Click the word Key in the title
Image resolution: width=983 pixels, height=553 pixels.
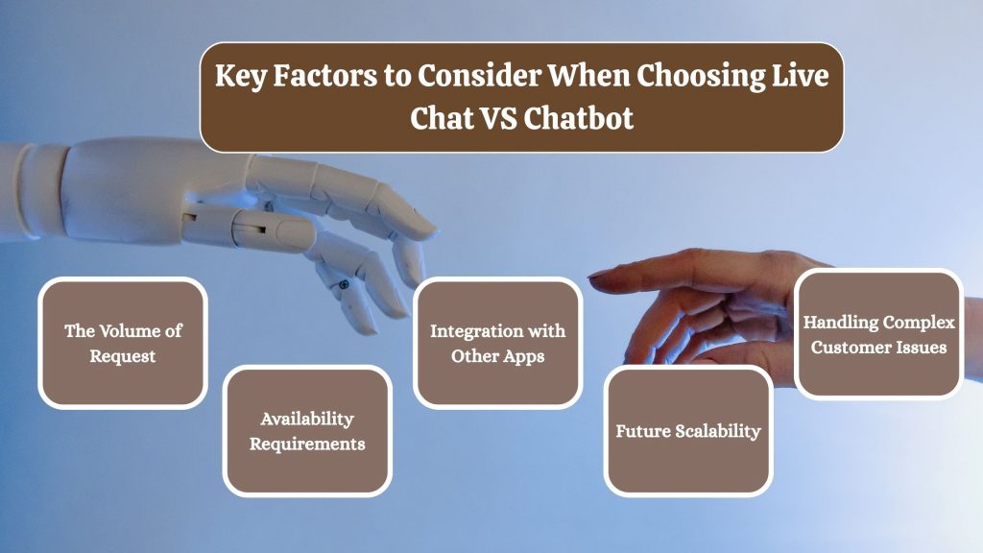[237, 77]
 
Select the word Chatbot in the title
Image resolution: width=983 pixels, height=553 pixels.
[578, 120]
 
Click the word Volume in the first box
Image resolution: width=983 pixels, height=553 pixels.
[128, 331]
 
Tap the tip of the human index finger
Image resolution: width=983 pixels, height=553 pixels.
[594, 278]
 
